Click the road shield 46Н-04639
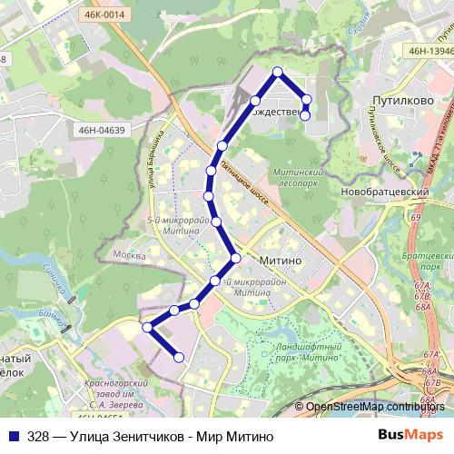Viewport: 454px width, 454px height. pyautogui.click(x=102, y=131)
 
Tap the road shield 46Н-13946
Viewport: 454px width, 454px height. pyautogui.click(x=430, y=53)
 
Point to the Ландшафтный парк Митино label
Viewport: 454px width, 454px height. pyautogui.click(x=309, y=354)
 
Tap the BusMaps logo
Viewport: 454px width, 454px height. pyautogui.click(x=410, y=437)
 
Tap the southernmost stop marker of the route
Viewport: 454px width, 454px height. pyautogui.click(x=179, y=358)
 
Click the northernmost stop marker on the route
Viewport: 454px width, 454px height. pyautogui.click(x=278, y=72)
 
